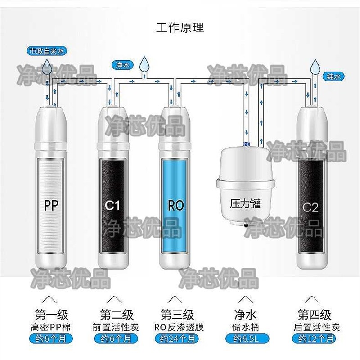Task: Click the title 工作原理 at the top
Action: [x=180, y=28]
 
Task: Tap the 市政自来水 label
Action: [x=47, y=51]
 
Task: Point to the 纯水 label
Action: [x=333, y=76]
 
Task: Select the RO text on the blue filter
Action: [x=176, y=206]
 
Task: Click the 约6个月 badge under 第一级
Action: [x=51, y=338]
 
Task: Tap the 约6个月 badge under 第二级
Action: [x=115, y=338]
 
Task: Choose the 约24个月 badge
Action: [x=179, y=338]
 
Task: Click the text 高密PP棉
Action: [x=51, y=327]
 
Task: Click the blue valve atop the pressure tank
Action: [x=246, y=144]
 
